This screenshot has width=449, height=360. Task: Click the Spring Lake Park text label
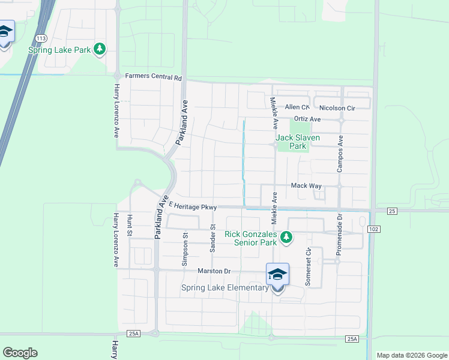click(59, 50)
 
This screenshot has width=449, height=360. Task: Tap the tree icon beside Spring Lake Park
click(100, 49)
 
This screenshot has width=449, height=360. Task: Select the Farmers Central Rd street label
click(153, 77)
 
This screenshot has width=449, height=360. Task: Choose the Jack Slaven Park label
click(298, 142)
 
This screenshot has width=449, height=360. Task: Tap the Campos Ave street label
click(340, 154)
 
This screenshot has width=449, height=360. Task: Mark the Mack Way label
click(306, 186)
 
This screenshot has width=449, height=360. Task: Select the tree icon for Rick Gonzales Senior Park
click(286, 238)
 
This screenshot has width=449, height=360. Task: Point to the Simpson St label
click(185, 249)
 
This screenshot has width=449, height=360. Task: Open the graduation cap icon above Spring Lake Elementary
click(277, 275)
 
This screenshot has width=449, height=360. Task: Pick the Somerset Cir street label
click(308, 267)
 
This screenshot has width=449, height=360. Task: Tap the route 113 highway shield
click(40, 38)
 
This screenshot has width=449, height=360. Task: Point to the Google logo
click(20, 353)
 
